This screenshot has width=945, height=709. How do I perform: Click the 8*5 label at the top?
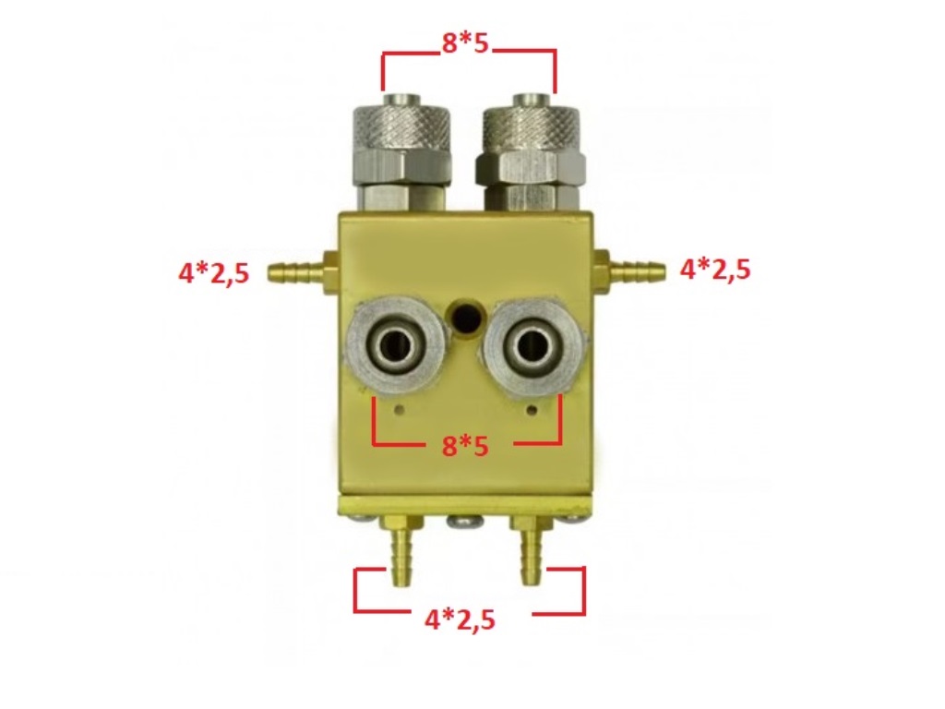coord(465,43)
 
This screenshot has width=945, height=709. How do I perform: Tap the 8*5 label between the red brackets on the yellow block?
coord(465,446)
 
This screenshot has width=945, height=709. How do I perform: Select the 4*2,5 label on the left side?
coord(213,273)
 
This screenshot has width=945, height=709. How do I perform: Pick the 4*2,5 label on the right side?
coord(715,269)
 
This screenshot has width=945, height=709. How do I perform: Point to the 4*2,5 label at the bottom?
coord(460,619)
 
